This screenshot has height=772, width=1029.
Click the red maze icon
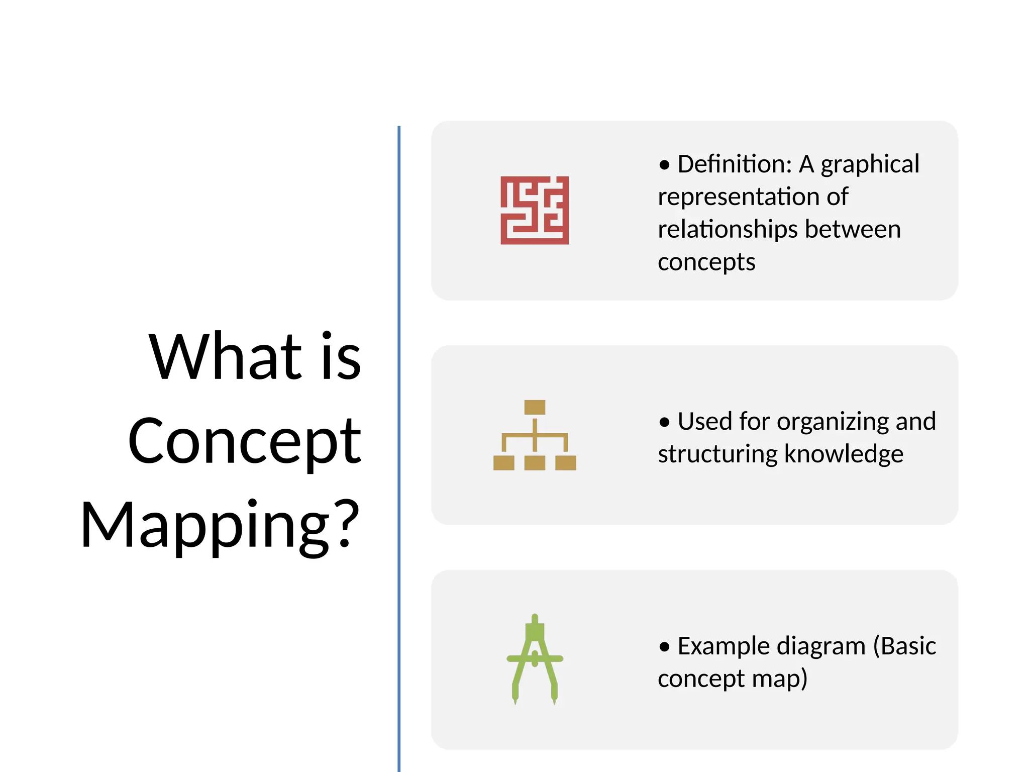coord(535,210)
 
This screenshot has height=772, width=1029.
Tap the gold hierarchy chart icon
coord(535,435)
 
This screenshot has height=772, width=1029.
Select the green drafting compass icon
coord(535,659)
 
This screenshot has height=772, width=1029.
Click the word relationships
coord(728,230)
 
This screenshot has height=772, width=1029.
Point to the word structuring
coord(718,454)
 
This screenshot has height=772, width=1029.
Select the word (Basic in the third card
coord(904,646)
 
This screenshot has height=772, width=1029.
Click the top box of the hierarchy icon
coord(535,407)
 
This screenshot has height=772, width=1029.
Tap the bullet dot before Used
coord(665,422)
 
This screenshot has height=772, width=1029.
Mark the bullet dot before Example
coord(665,647)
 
